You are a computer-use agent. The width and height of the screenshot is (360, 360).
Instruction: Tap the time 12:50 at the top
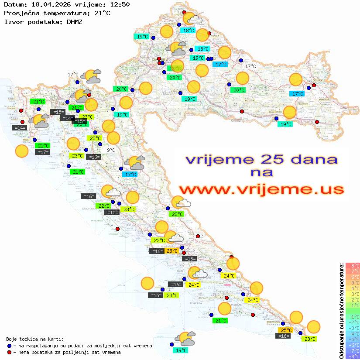pos(119,4)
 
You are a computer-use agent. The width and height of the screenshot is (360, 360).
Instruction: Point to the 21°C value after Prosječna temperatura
pos(101,13)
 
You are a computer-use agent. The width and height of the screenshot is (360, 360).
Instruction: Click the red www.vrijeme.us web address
pos(261,189)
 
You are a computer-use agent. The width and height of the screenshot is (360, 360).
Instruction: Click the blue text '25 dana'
pos(297,159)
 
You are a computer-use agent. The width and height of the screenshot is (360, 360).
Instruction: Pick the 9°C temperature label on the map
pos(111,150)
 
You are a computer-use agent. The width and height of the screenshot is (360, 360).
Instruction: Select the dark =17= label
pos(43,152)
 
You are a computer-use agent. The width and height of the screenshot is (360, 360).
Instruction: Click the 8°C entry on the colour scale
pos(353,266)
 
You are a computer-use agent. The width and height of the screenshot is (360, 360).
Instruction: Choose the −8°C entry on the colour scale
pos(353,356)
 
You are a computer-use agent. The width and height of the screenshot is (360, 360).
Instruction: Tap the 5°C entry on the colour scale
pos(353,283)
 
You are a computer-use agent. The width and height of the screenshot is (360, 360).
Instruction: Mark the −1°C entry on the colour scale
pos(353,316)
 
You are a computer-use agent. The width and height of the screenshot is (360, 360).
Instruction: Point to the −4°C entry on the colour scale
pos(353,333)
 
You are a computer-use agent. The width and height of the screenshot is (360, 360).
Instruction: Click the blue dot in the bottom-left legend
pos(9,346)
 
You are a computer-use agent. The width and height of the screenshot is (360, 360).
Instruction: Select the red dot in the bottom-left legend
pos(9,352)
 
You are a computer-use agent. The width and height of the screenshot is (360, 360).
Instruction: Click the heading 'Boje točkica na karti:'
pos(35,339)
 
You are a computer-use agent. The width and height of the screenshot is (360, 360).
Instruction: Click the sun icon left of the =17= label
pos(21,151)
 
